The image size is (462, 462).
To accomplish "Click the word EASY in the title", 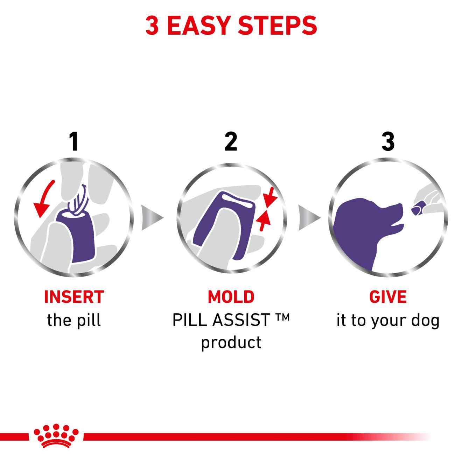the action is pos(199,26).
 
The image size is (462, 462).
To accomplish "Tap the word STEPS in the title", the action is pos(278,26).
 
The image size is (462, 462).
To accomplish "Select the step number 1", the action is pos(74,141).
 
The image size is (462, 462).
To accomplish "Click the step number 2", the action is pos(231,141).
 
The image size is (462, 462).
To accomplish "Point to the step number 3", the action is pos(388,141).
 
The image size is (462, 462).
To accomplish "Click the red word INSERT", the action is pos(74,297).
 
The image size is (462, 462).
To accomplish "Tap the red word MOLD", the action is pos(231,297).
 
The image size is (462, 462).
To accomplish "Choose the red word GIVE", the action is pos(388,297).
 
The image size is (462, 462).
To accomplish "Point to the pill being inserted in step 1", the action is pos(78,200).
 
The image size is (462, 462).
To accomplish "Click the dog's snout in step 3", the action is pos(393,211).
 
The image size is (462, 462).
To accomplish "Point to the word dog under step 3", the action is pos(426,321).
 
